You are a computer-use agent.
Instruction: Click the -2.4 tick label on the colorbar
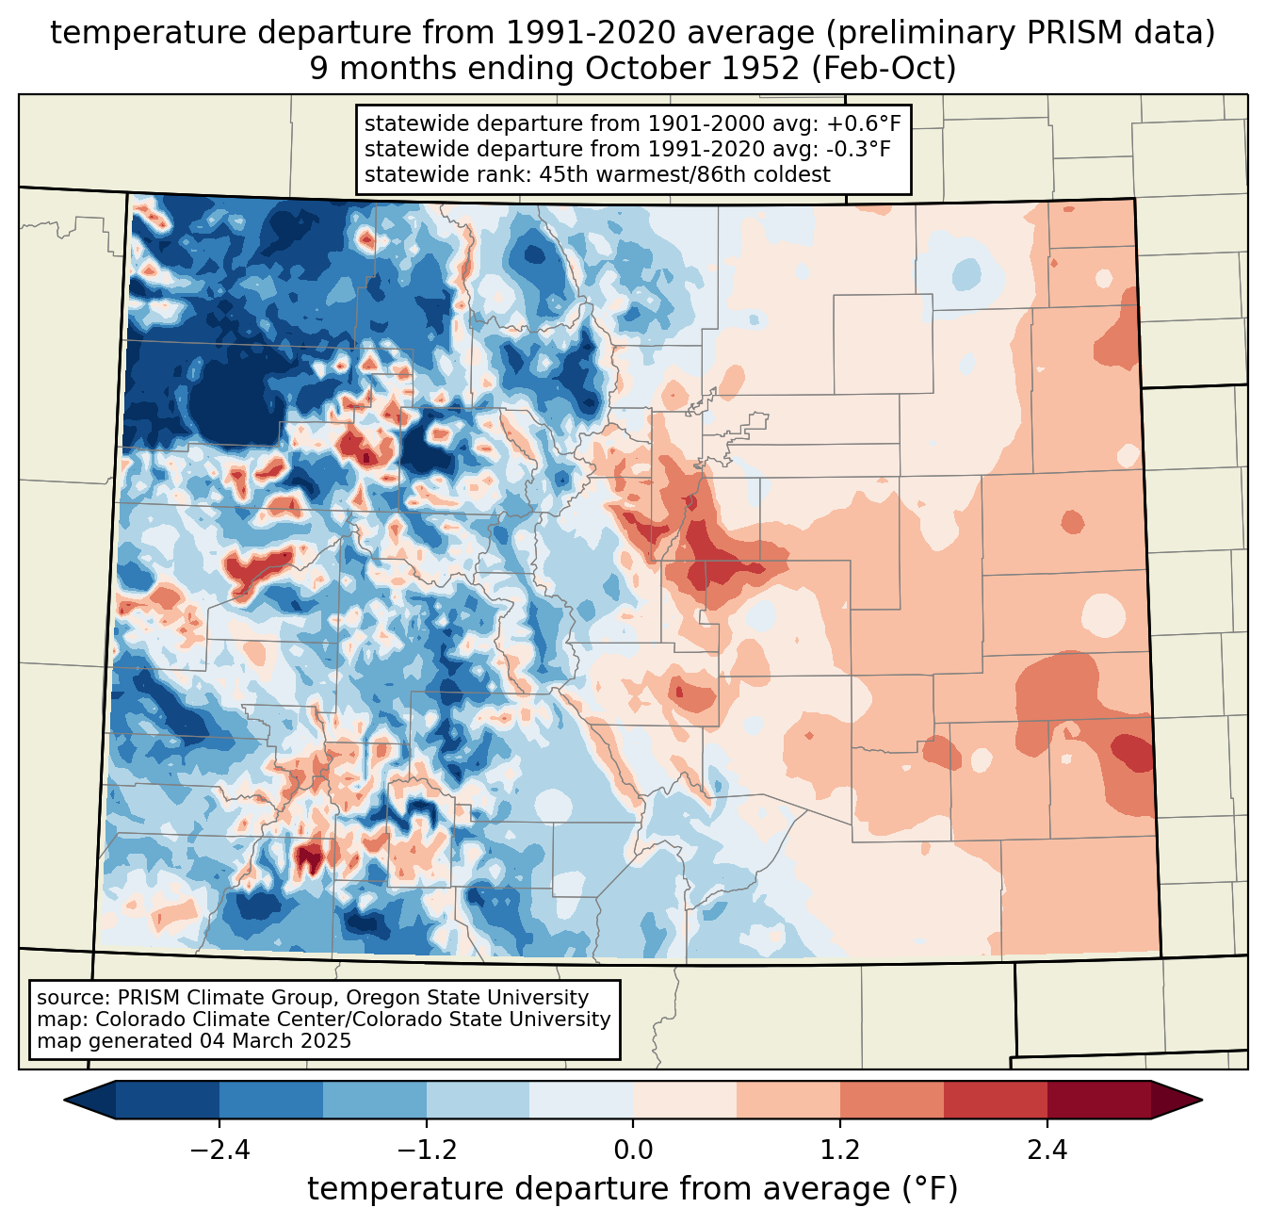pyautogui.click(x=219, y=1151)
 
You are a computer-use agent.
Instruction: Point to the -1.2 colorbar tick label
pyautogui.click(x=427, y=1151)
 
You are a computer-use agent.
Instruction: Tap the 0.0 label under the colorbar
pyautogui.click(x=633, y=1151)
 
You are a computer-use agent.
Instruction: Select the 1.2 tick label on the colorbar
pyautogui.click(x=840, y=1151)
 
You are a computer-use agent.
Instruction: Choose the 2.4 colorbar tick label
pyautogui.click(x=1047, y=1151)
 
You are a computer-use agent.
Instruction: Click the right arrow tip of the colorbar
pyautogui.click(x=1199, y=1100)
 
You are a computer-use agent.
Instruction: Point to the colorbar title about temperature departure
pyautogui.click(x=633, y=1189)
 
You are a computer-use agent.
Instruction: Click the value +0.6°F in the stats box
pyautogui.click(x=865, y=124)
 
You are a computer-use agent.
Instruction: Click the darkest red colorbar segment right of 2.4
pyautogui.click(x=1098, y=1100)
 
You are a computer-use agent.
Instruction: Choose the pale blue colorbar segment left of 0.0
pyautogui.click(x=581, y=1100)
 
